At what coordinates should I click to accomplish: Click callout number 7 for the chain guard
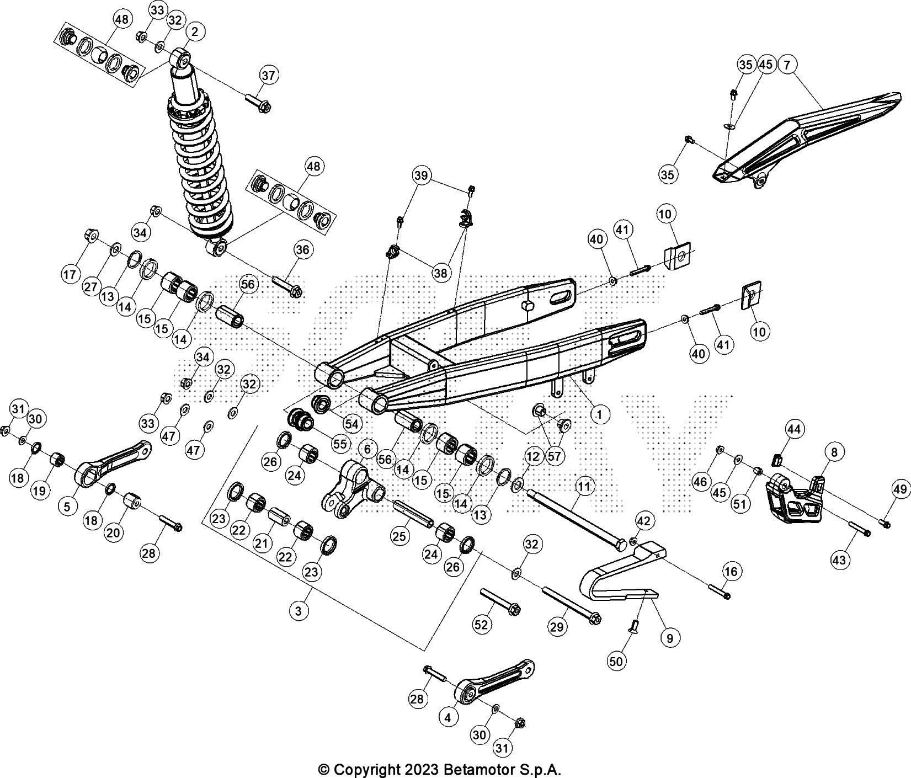786,65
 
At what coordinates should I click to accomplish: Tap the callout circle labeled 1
599,413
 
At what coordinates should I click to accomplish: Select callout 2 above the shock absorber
195,33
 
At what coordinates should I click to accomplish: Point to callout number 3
299,611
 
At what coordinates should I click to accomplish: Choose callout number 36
302,249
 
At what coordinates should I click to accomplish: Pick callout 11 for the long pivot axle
584,487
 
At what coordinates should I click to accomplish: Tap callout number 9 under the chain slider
670,638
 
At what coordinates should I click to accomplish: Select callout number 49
899,488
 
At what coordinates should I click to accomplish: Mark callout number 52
482,624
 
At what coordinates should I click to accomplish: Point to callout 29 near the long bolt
557,626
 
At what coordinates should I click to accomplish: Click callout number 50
617,660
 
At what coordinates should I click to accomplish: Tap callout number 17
71,274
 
